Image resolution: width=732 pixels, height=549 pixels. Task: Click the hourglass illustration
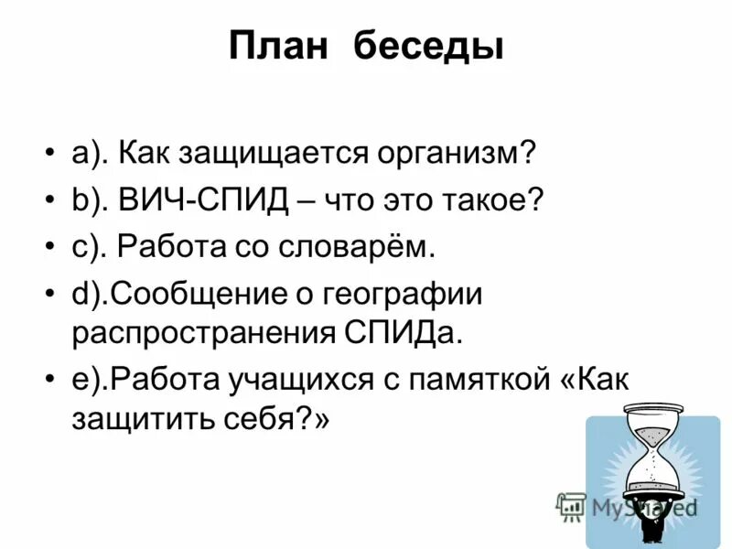point(652,476)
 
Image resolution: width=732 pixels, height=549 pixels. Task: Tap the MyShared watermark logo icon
point(570,505)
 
